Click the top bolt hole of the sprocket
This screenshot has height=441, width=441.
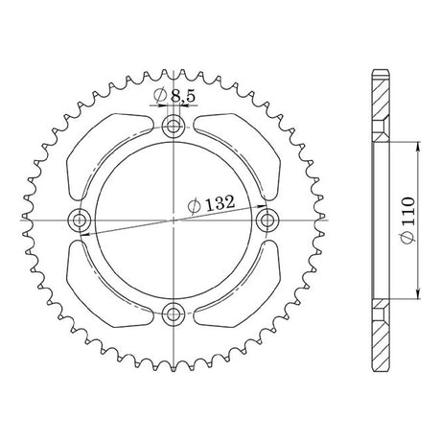coord(174,126)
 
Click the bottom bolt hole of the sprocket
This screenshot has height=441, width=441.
coord(174,313)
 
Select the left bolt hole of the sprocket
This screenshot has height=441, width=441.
coord(80,220)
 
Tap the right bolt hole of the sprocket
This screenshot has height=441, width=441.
coord(267,220)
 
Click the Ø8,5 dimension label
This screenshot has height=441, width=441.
coord(174,96)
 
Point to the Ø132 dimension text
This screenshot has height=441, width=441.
coord(212,204)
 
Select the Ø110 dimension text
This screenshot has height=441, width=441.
coord(408,220)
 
